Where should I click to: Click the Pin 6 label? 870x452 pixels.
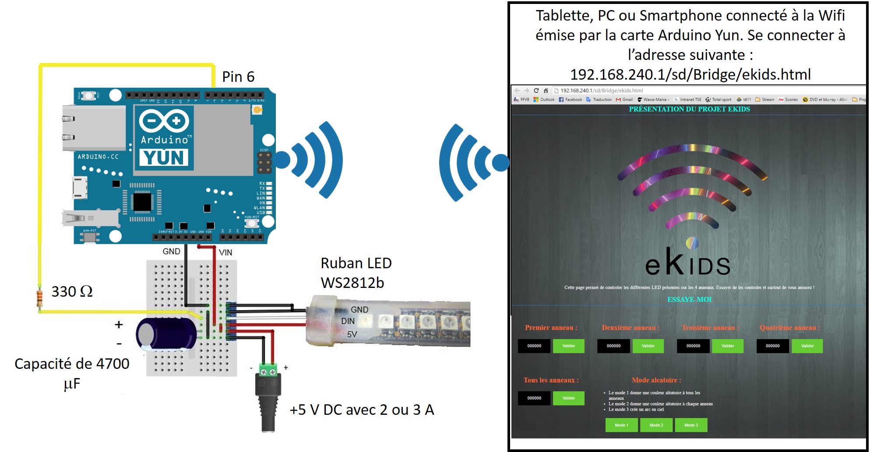(238, 77)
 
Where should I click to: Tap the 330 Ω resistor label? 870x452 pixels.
(72, 291)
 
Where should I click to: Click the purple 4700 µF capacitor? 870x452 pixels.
(166, 334)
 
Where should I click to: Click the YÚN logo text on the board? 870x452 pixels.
(164, 158)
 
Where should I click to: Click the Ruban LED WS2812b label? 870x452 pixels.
(356, 273)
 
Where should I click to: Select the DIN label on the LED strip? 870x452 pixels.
(348, 321)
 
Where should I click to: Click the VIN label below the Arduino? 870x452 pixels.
(225, 252)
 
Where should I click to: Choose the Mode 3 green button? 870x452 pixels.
(691, 425)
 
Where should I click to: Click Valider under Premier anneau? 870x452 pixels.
(568, 346)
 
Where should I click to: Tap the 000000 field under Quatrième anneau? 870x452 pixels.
(772, 346)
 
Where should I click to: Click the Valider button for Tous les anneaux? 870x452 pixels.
(568, 398)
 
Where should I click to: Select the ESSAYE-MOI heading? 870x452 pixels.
(689, 300)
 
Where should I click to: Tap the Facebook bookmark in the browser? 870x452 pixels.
(571, 100)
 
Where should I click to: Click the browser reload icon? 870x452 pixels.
(536, 91)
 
